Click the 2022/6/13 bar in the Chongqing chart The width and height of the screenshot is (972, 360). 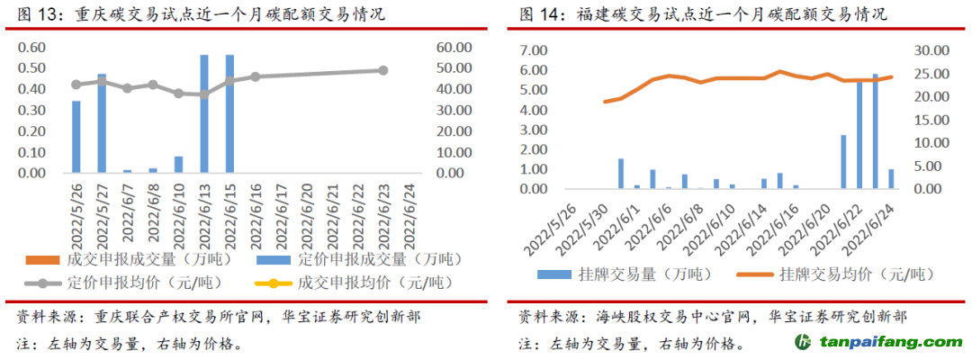(204, 113)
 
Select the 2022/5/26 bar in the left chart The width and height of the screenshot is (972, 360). (76, 137)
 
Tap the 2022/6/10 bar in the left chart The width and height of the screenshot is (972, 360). (178, 164)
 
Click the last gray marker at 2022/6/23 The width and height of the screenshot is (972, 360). (382, 70)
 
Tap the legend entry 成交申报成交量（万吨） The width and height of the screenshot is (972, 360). (139, 260)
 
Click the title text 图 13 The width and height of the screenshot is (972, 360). (36, 14)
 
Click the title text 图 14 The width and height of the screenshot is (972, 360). (538, 14)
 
